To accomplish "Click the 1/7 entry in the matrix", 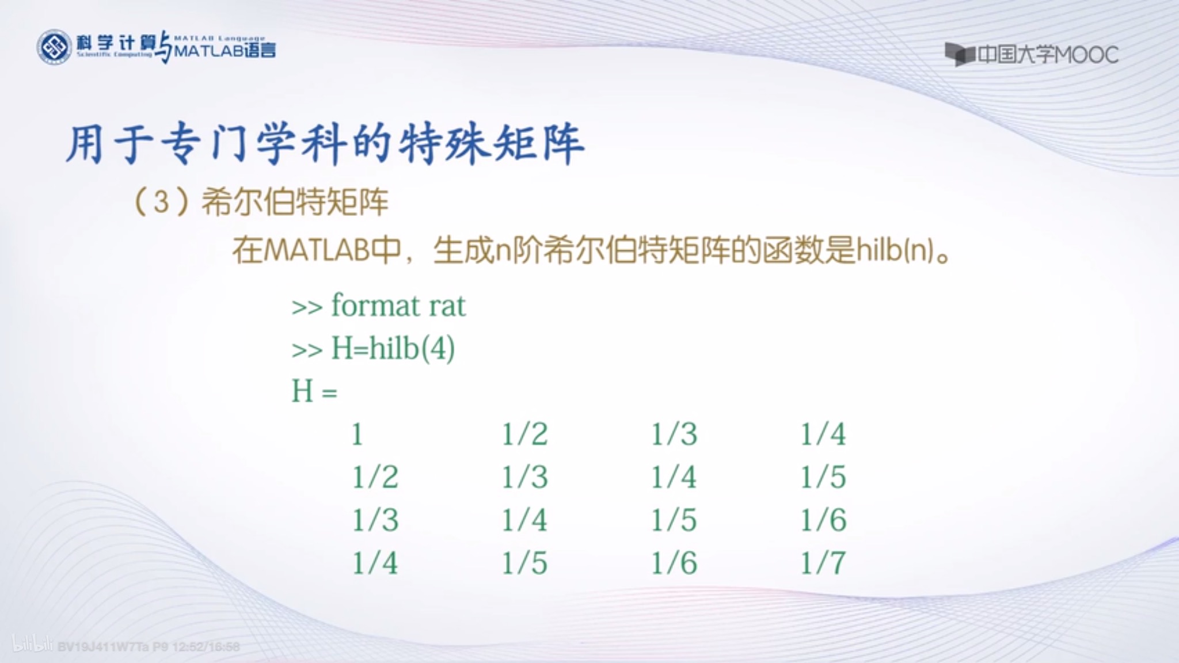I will (823, 563).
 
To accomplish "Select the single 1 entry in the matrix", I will (357, 434).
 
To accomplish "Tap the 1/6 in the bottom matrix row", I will (674, 563).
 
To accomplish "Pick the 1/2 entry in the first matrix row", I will (524, 434).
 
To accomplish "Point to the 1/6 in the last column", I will (823, 520).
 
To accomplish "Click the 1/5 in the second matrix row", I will (823, 477).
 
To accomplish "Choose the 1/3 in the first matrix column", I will (375, 520).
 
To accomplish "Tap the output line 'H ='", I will (314, 391).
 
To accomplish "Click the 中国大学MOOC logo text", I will (1048, 55).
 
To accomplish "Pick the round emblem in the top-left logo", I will (54, 47).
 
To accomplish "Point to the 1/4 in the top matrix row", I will (823, 434).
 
